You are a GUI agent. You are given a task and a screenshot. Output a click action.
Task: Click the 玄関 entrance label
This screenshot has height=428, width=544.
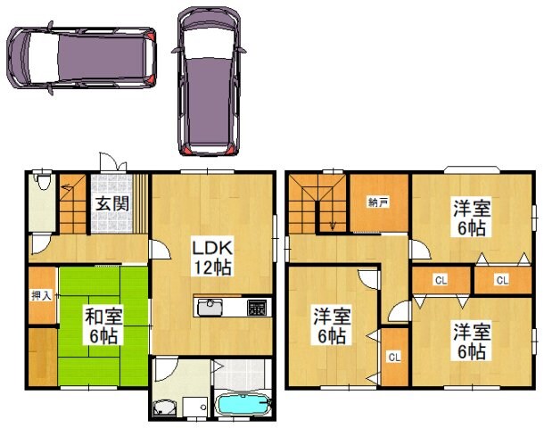112,203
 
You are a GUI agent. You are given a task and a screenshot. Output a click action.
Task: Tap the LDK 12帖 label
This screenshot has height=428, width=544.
212,258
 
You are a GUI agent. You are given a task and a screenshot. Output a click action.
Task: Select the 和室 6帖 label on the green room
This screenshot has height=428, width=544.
103,325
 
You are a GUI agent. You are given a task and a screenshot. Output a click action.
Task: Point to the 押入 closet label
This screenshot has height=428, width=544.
41,295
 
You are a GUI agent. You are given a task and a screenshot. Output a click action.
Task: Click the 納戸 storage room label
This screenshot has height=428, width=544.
378,202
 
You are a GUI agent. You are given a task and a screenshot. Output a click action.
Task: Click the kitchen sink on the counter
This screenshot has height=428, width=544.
210,308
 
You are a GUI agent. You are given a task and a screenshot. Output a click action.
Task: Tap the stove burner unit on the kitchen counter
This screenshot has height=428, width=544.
257,308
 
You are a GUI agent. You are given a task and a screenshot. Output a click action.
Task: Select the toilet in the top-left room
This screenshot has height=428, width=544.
43,181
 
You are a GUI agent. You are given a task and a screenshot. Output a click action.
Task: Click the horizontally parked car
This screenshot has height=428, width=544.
81,58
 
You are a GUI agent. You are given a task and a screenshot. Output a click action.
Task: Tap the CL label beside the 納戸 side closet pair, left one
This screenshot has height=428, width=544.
441,280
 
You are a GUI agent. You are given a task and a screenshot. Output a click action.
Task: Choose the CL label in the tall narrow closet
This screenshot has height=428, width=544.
394,357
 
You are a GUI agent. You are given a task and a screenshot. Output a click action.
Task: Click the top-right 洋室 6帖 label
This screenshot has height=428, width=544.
472,218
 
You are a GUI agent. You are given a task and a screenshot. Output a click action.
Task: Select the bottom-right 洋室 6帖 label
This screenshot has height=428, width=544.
472,342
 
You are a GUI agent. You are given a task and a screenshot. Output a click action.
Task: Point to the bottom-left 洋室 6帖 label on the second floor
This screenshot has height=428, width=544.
331,325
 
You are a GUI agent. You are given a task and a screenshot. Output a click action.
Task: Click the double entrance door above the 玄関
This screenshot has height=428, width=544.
113,161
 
